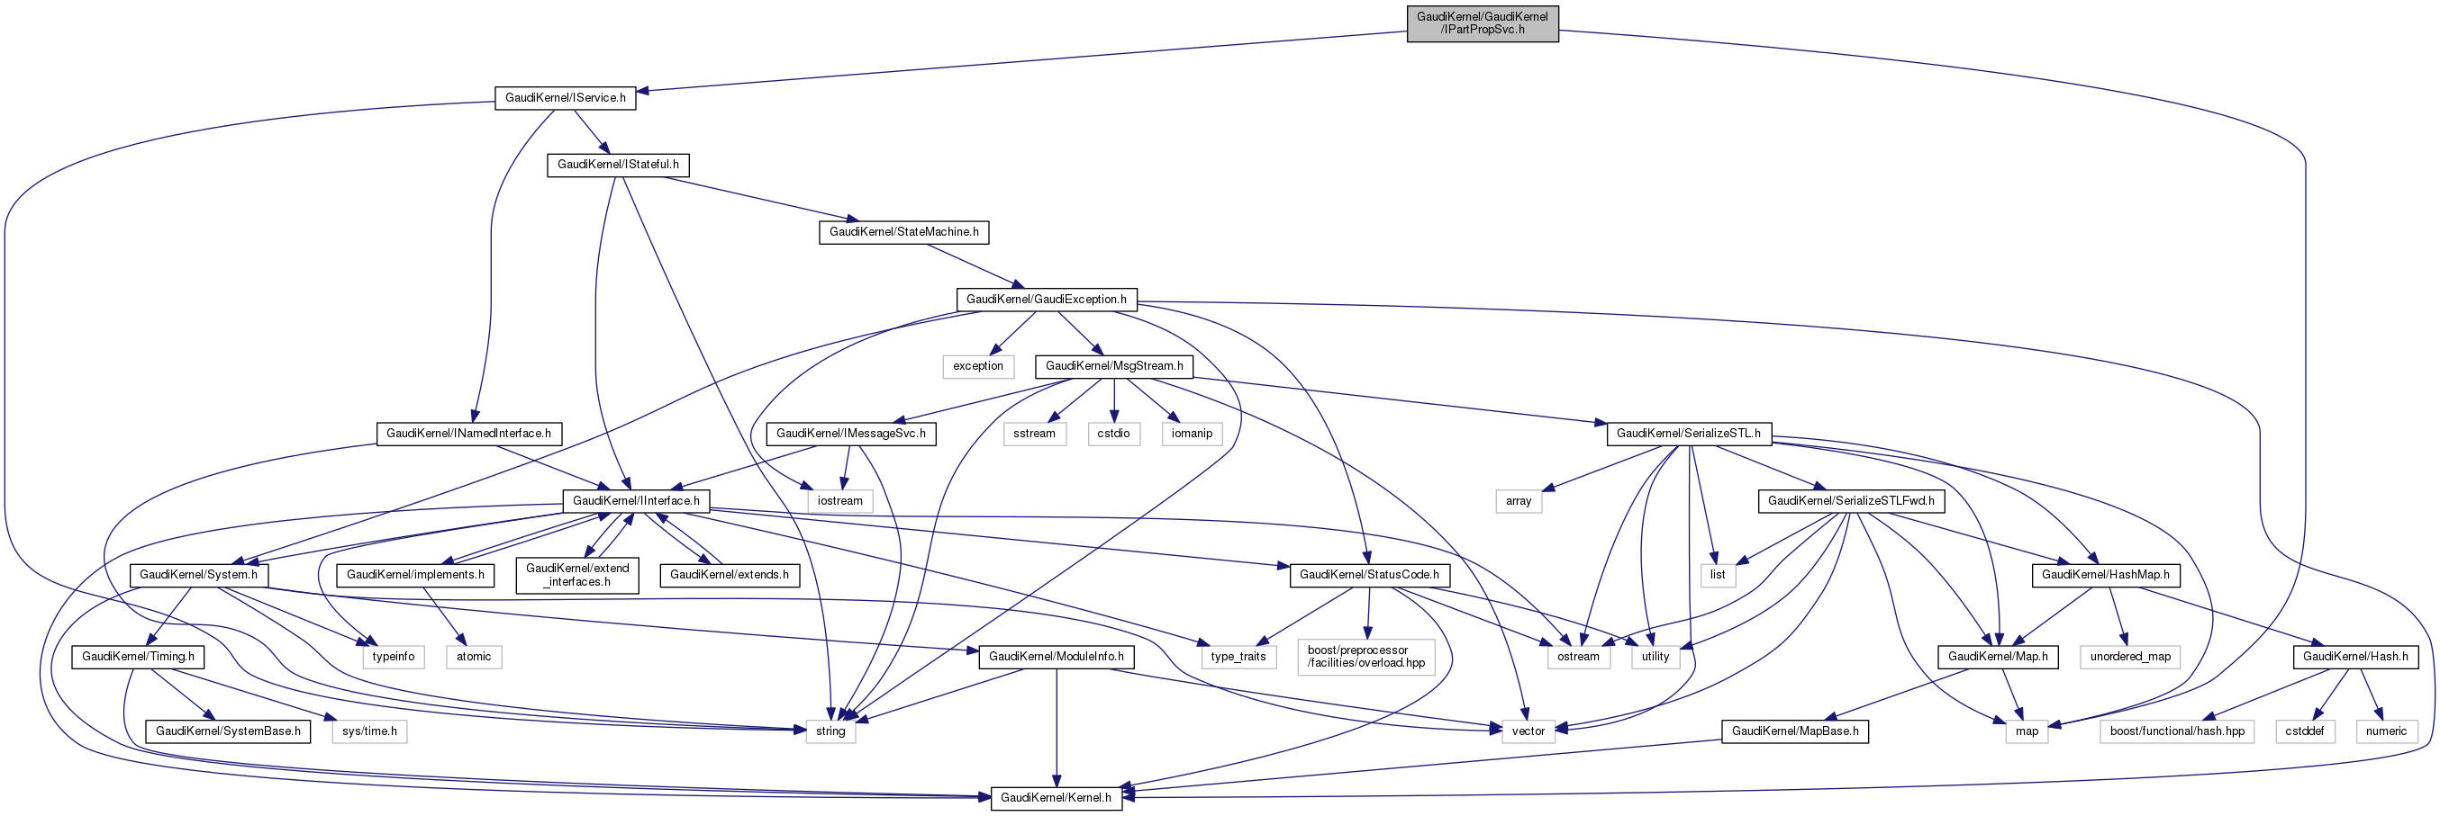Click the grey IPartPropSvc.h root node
click(1482, 22)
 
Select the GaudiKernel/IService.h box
click(565, 97)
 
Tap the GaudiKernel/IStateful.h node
click(618, 165)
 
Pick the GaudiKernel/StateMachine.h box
click(903, 232)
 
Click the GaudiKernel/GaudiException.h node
click(1046, 299)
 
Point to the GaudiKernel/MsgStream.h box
click(1114, 366)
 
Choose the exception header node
click(977, 366)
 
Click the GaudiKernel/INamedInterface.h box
click(468, 434)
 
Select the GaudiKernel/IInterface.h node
click(636, 501)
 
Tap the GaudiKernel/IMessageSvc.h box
click(850, 434)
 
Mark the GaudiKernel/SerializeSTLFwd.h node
click(1851, 501)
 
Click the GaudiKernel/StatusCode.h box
click(1369, 575)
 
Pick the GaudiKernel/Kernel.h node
click(1057, 798)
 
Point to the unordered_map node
click(2130, 657)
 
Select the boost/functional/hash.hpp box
click(2177, 731)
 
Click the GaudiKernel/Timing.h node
click(139, 657)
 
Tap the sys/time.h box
click(369, 731)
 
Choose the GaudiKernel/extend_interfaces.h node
click(576, 575)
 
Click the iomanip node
click(1192, 434)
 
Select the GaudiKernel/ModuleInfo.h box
click(1057, 657)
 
